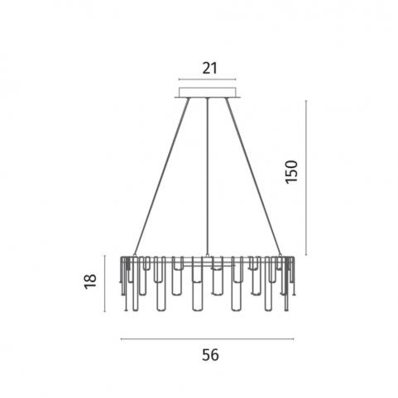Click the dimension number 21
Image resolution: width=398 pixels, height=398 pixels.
pyautogui.click(x=210, y=68)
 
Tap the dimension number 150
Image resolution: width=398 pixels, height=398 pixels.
pyautogui.click(x=292, y=172)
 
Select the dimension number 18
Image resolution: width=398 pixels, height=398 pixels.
pyautogui.click(x=90, y=281)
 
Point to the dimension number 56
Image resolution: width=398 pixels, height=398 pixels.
pyautogui.click(x=210, y=355)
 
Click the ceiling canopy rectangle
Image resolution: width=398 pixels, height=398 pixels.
pyautogui.click(x=208, y=93)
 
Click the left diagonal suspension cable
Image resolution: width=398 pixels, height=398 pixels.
pyautogui.click(x=161, y=176)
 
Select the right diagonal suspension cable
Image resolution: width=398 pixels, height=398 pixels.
pyautogui.click(x=253, y=176)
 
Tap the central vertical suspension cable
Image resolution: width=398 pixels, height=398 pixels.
pyautogui.click(x=208, y=176)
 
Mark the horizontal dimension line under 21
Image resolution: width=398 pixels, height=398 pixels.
pyautogui.click(x=208, y=79)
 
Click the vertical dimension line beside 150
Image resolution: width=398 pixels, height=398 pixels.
pyautogui.click(x=306, y=178)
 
